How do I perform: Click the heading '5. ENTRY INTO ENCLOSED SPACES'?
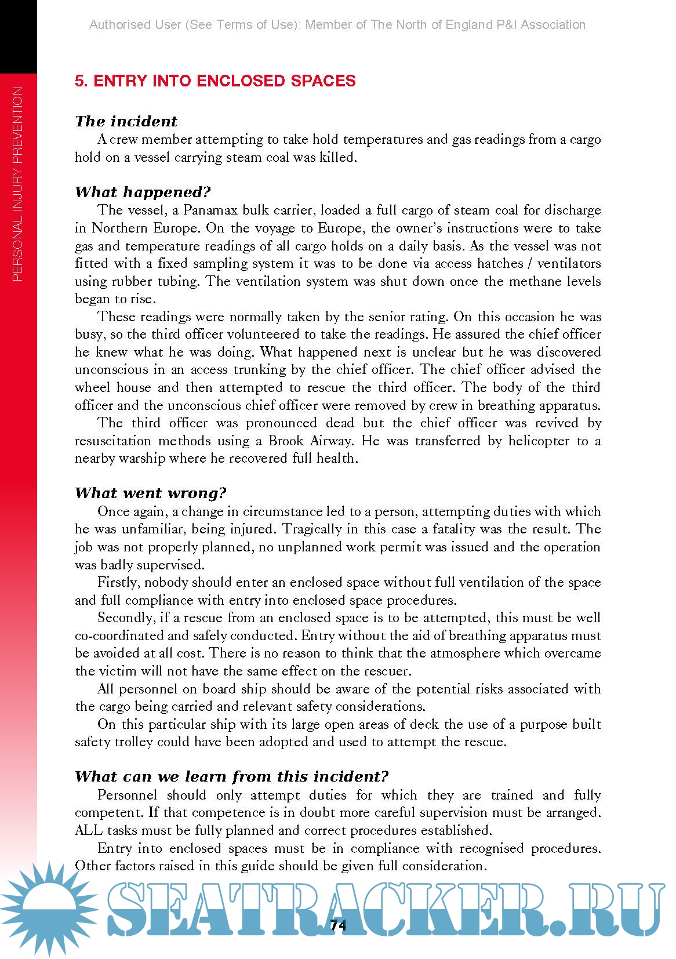click(x=215, y=81)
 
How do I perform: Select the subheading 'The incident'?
click(x=126, y=121)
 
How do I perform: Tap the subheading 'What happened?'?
click(x=143, y=192)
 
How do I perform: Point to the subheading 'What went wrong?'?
click(x=150, y=493)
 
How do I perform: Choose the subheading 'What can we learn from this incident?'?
click(x=231, y=777)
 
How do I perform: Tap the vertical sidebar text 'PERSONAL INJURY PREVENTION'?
click(x=17, y=184)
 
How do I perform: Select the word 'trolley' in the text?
click(x=133, y=742)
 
